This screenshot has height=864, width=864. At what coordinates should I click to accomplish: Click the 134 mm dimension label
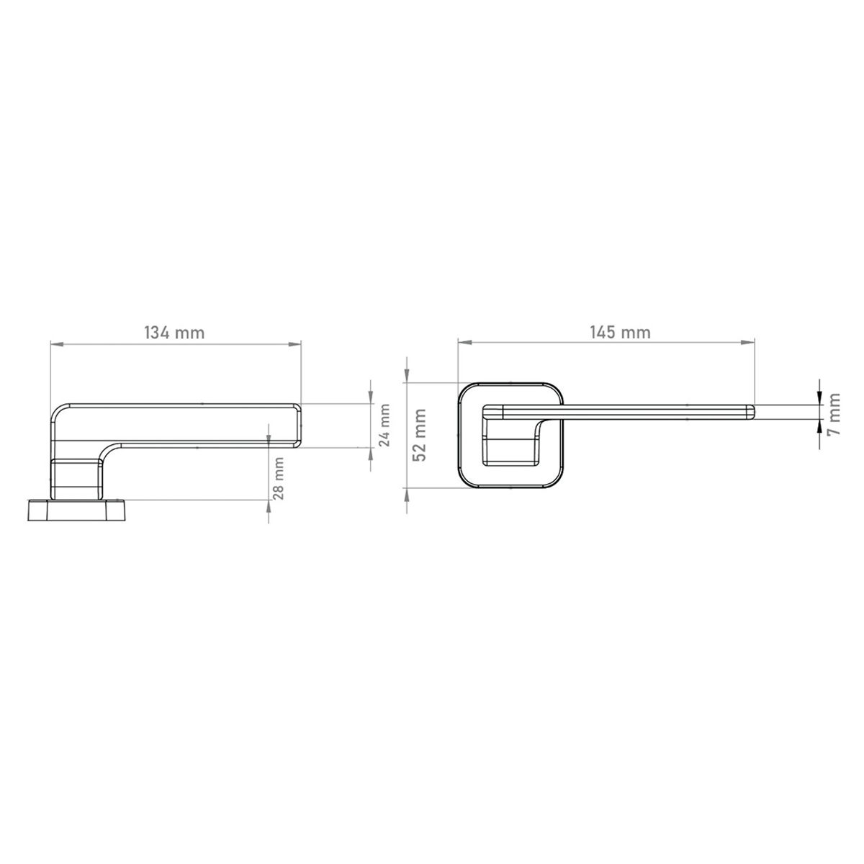click(x=174, y=333)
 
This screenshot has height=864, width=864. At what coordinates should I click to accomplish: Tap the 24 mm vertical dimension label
click(x=384, y=425)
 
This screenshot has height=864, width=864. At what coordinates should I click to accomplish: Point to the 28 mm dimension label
click(x=279, y=478)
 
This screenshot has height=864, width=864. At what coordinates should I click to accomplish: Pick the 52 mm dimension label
click(x=420, y=435)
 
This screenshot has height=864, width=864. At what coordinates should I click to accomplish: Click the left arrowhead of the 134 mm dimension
click(x=56, y=344)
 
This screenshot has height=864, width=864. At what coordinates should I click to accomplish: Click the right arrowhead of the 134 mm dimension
click(x=294, y=344)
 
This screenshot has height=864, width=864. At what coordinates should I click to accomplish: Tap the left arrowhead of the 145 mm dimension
click(x=464, y=343)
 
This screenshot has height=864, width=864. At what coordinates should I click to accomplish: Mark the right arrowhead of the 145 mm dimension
click(x=748, y=343)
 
